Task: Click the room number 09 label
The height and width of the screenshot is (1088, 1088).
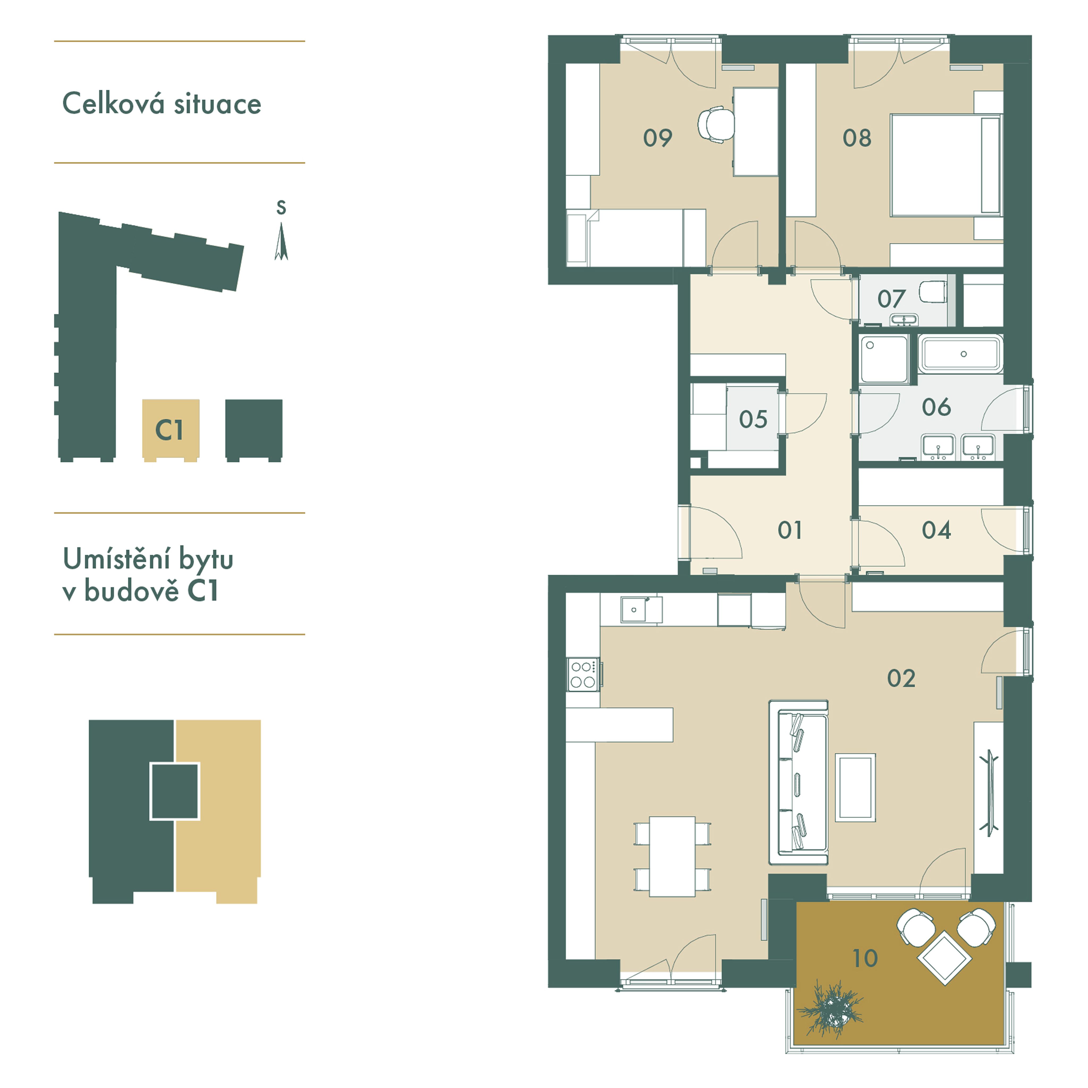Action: (657, 138)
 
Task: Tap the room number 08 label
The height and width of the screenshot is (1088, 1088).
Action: (856, 138)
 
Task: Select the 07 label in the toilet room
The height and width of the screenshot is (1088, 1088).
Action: (891, 299)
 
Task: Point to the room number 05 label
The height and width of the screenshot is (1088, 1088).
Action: (753, 419)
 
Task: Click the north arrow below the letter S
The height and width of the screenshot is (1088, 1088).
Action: (281, 242)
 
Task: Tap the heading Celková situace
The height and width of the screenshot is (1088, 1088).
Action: (162, 104)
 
